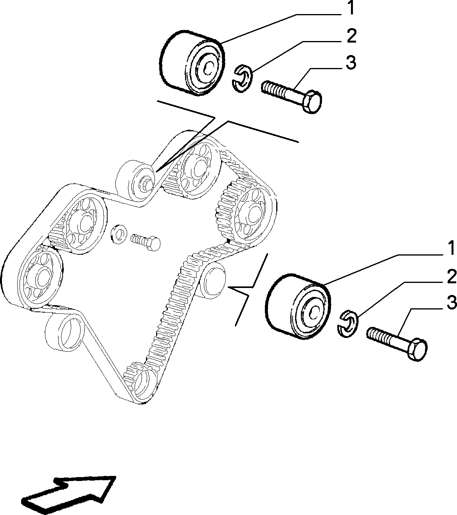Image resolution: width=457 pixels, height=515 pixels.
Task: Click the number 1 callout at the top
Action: coord(351,8)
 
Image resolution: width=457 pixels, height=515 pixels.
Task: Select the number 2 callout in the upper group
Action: coord(351,36)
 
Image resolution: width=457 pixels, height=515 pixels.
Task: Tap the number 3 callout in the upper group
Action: coord(351,62)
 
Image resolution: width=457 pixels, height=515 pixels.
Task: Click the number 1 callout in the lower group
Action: coord(451,249)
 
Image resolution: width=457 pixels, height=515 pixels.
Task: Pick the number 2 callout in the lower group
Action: coord(452,277)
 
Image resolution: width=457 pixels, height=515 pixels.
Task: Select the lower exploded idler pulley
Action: coord(298,307)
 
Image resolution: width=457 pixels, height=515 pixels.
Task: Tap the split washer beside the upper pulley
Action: coord(242,79)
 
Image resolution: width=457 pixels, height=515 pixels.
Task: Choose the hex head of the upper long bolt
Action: coord(312,101)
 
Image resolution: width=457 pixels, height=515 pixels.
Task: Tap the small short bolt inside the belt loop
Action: coord(146,242)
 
